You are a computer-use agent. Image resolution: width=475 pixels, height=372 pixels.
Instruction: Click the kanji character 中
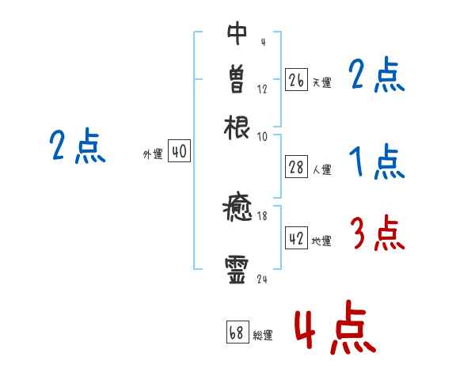237,34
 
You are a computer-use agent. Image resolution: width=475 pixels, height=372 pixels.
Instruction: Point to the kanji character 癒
237,211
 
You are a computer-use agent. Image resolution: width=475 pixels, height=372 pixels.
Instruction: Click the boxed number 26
296,80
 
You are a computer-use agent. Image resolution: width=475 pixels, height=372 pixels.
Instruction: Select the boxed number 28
296,167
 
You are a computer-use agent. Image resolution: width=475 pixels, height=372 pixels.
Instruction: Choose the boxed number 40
179,152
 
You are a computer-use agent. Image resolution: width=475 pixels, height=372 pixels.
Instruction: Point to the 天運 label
321,82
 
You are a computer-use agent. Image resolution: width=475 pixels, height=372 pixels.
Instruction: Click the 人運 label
321,169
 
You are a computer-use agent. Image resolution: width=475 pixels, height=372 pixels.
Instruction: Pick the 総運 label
263,336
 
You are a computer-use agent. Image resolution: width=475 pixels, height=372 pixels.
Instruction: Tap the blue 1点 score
377,162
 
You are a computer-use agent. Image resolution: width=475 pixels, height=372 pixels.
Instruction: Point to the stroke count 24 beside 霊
262,279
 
